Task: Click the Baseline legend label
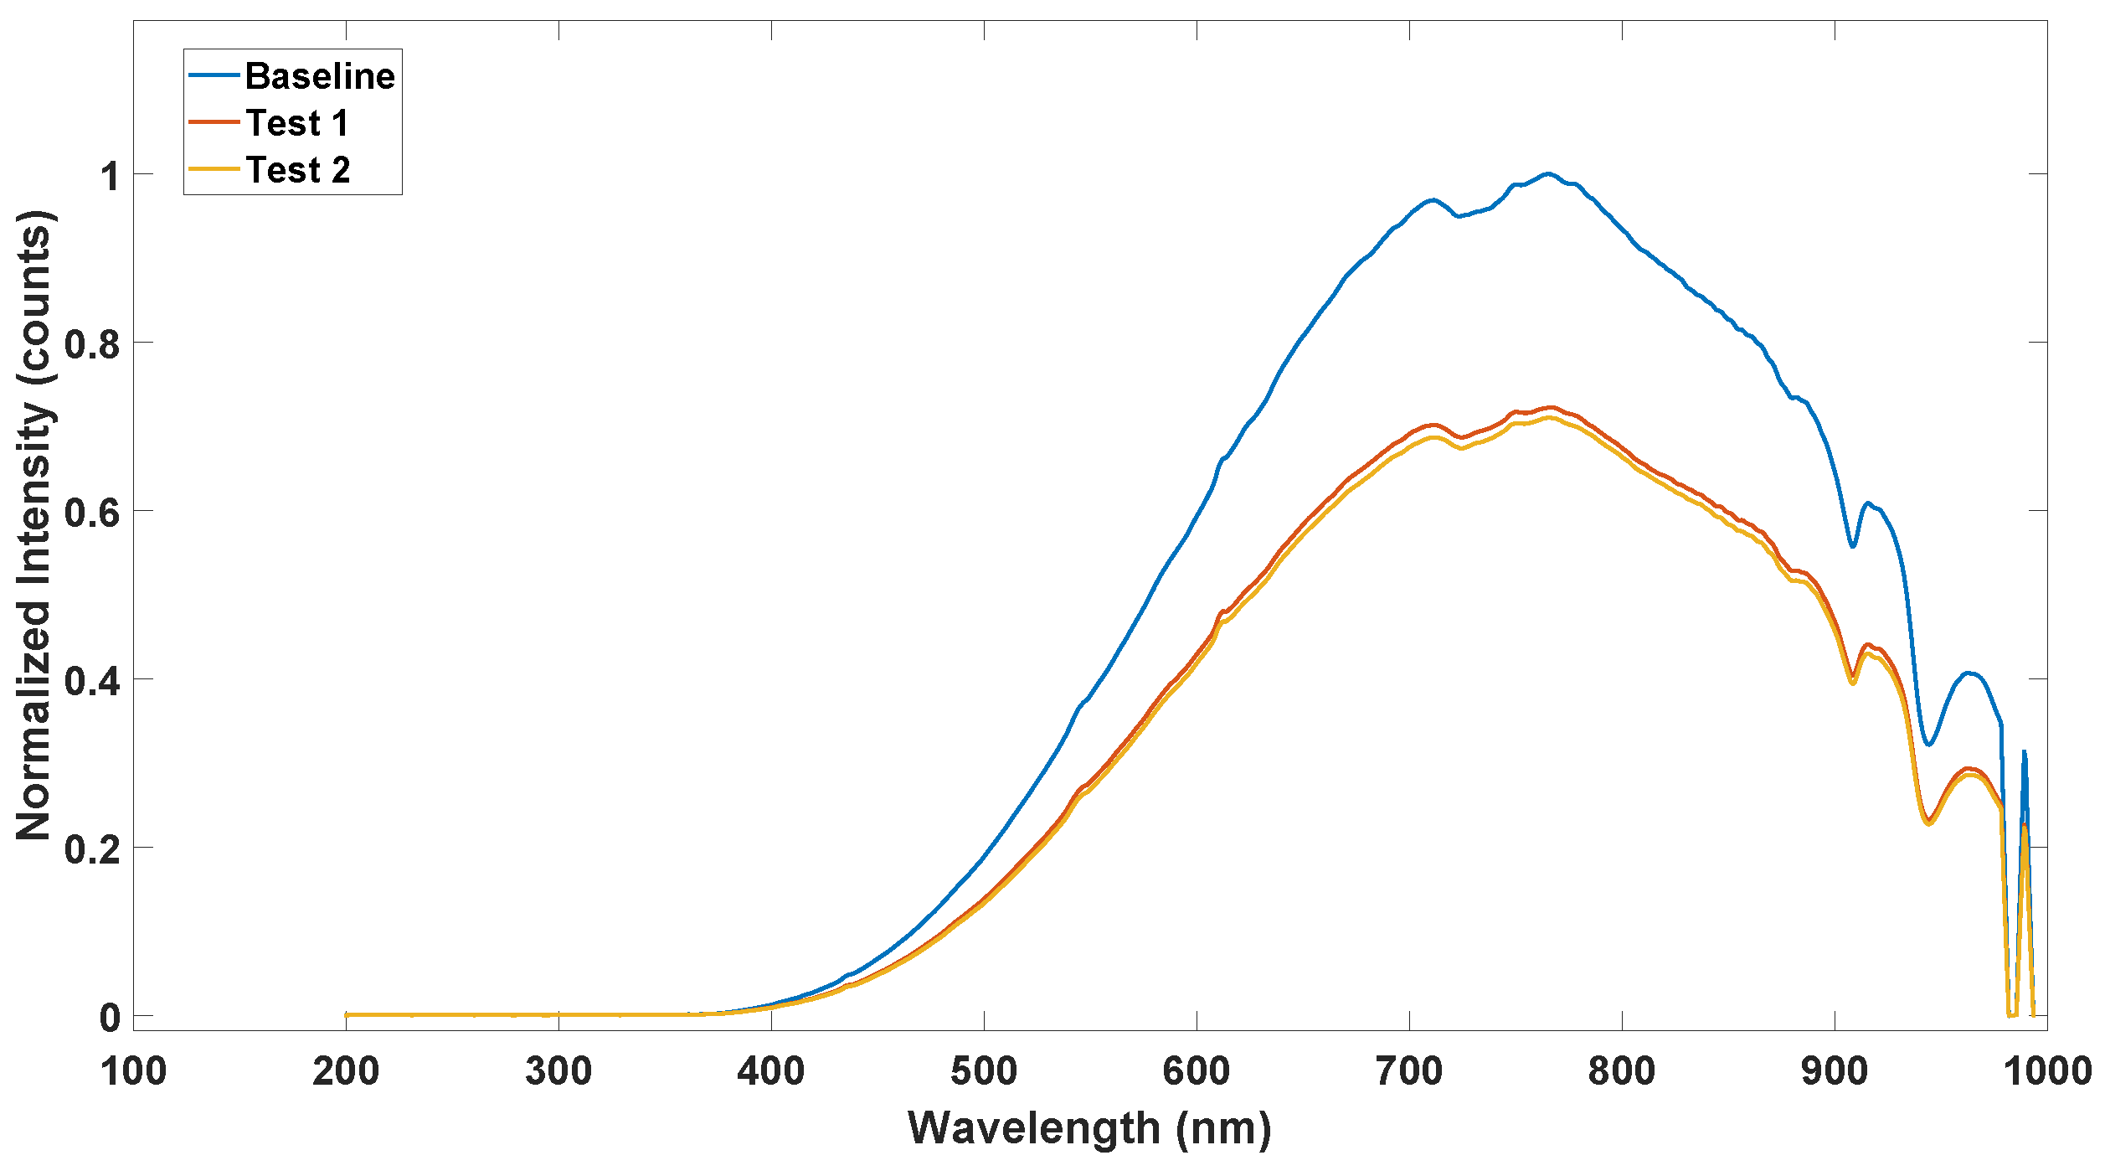click(x=320, y=76)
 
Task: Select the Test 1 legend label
click(x=297, y=123)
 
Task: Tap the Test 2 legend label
click(x=298, y=170)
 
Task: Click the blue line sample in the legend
click(x=214, y=75)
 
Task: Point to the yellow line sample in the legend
click(x=214, y=169)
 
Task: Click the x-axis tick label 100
click(x=133, y=1071)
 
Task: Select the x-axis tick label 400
click(x=771, y=1071)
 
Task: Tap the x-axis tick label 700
click(x=1409, y=1071)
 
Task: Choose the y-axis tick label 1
click(x=111, y=175)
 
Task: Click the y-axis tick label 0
click(x=111, y=1018)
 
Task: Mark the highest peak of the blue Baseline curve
click(x=1547, y=173)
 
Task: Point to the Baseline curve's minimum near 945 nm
click(x=1928, y=745)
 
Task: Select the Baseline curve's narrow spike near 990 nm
click(x=2024, y=751)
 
